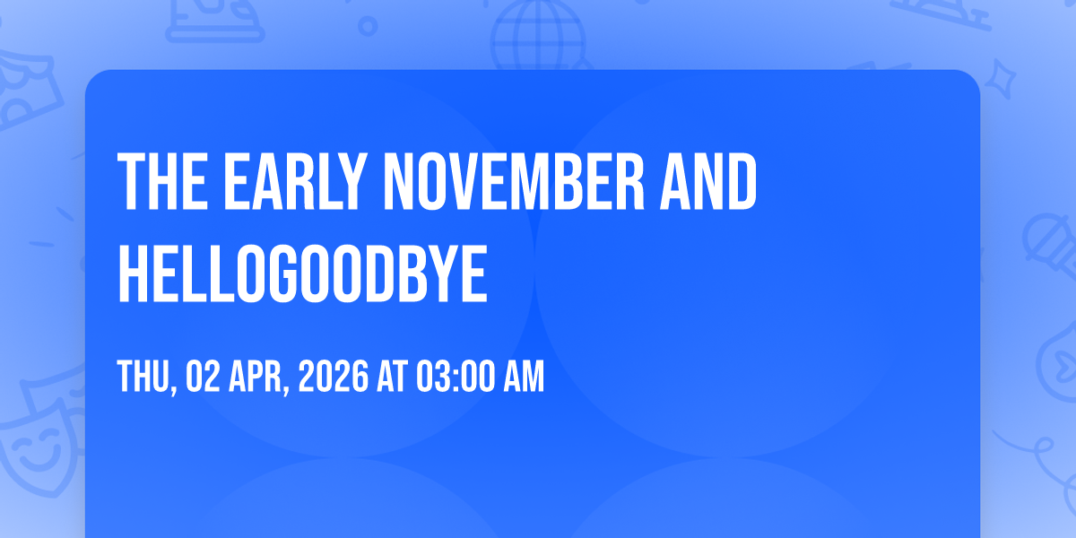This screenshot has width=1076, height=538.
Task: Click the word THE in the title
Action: pyautogui.click(x=163, y=181)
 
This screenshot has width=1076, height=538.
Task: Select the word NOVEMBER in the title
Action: pyautogui.click(x=514, y=181)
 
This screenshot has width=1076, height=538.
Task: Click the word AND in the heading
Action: pyautogui.click(x=709, y=181)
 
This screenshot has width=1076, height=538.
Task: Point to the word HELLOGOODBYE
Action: pyautogui.click(x=303, y=273)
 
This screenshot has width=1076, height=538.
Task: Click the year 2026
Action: pyautogui.click(x=334, y=377)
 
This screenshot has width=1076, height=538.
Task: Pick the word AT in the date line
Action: pyautogui.click(x=393, y=377)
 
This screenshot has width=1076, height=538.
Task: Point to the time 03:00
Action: pyautogui.click(x=456, y=377)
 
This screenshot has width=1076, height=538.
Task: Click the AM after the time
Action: pyautogui.click(x=524, y=377)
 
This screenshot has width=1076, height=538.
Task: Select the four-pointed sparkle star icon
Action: pyautogui.click(x=1000, y=79)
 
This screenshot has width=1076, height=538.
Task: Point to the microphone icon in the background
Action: pyautogui.click(x=1050, y=245)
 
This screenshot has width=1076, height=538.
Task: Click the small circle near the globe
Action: pyautogui.click(x=368, y=26)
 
